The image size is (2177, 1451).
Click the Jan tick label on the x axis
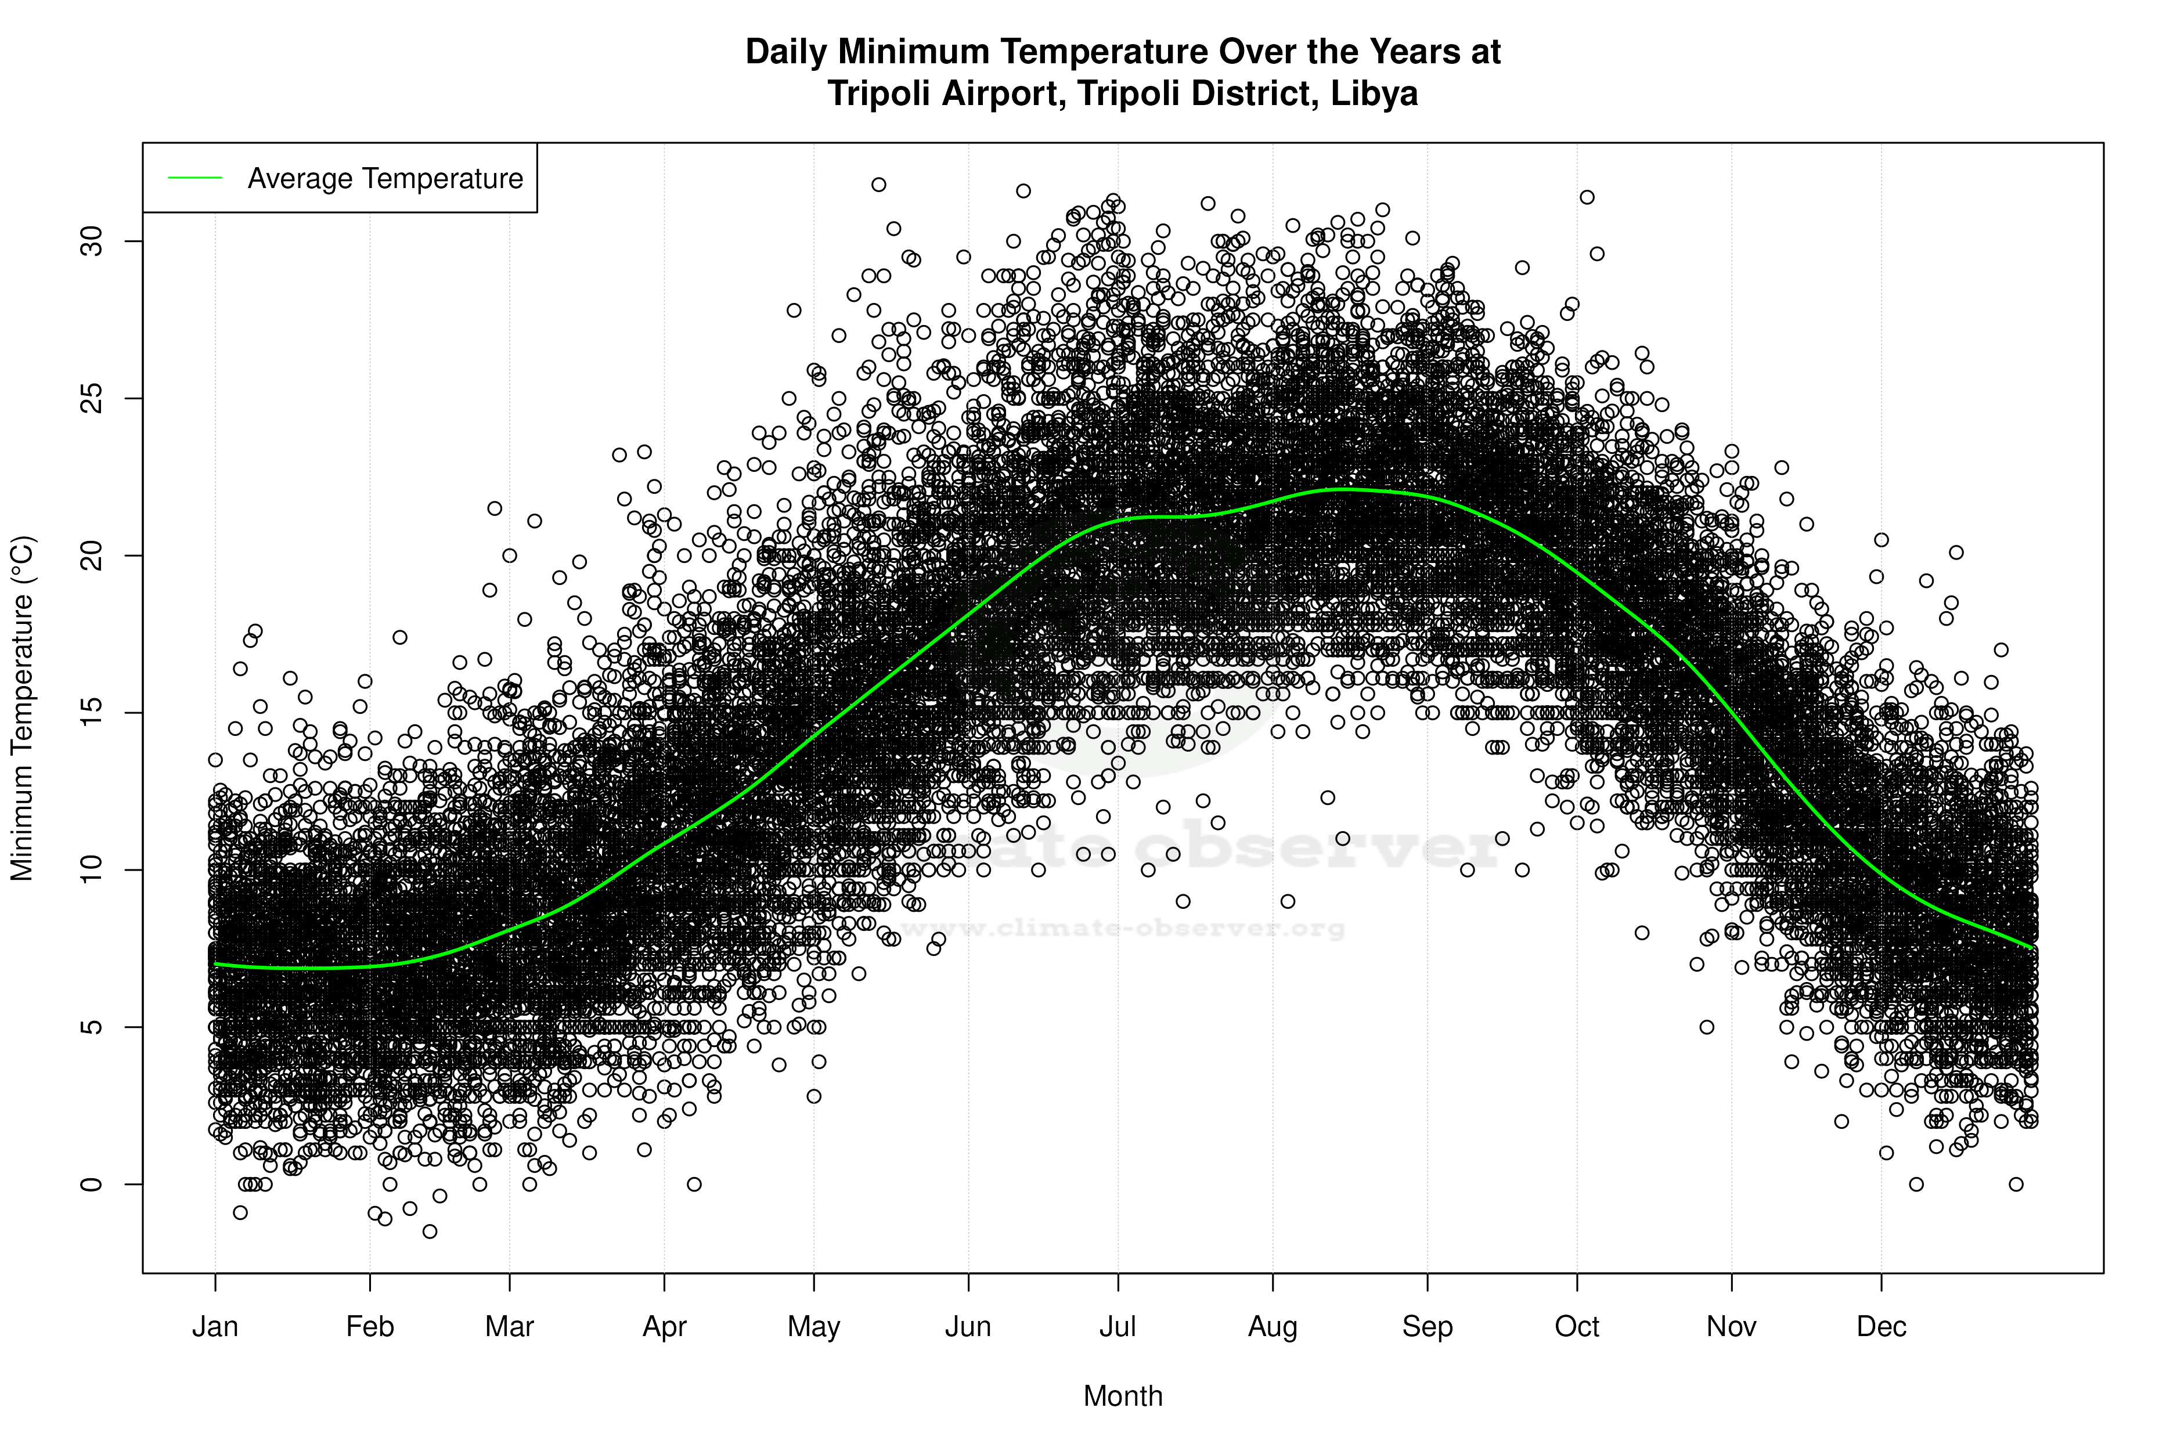(x=215, y=1326)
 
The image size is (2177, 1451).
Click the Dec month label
(x=1881, y=1326)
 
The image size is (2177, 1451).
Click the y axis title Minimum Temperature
(x=22, y=708)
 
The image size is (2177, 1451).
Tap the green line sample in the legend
(x=195, y=178)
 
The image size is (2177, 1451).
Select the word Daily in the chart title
(x=786, y=52)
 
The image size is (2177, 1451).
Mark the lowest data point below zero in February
(x=430, y=1231)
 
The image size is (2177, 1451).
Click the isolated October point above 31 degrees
(x=1587, y=197)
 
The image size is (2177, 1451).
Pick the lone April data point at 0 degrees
(x=694, y=1183)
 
